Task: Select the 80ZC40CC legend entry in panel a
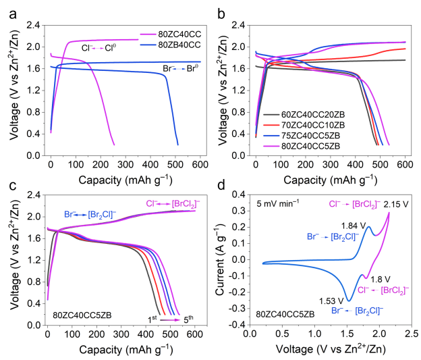click(x=181, y=33)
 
